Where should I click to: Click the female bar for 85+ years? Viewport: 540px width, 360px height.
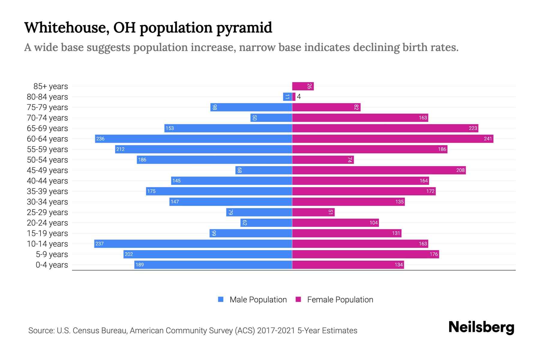click(x=303, y=86)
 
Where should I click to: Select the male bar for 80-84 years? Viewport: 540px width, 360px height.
click(x=287, y=97)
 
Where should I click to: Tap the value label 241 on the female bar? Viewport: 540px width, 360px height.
click(x=488, y=139)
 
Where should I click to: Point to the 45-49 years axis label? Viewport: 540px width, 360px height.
click(x=47, y=170)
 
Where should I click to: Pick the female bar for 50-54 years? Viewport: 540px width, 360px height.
click(x=323, y=160)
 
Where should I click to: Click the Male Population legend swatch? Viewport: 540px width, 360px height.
click(x=221, y=299)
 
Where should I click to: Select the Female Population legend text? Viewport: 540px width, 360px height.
click(x=340, y=300)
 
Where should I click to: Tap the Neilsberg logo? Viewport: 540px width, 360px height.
click(x=481, y=327)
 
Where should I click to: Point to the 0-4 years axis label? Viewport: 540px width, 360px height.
click(x=52, y=265)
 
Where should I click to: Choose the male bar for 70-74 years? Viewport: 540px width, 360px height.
click(x=271, y=118)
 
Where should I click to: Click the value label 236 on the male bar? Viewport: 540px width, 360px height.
click(x=100, y=139)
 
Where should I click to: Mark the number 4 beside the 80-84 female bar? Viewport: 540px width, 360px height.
click(x=299, y=97)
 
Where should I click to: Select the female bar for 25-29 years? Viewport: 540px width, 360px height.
click(x=313, y=212)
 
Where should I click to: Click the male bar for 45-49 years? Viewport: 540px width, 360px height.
click(x=264, y=170)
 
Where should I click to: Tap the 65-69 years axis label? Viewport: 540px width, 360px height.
click(x=47, y=128)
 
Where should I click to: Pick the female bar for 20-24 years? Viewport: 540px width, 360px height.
click(x=335, y=223)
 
